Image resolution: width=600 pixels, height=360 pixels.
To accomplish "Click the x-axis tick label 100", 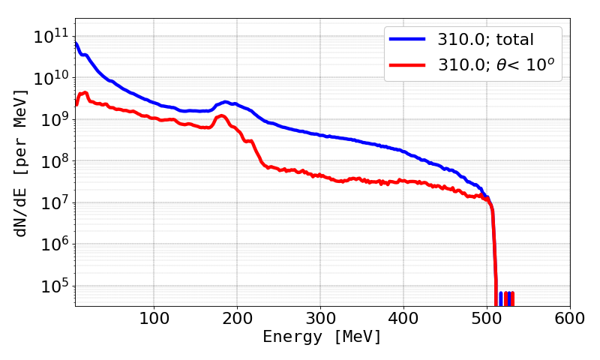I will point(154,317).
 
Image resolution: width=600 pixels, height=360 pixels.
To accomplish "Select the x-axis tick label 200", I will point(237,317).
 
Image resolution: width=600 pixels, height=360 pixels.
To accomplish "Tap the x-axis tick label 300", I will point(320,317).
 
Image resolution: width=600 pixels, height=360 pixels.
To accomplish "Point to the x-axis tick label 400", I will point(403,317).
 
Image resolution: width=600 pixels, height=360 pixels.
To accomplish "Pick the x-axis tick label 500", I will point(487,317).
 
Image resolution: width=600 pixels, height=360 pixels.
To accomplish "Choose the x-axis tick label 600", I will point(570,317).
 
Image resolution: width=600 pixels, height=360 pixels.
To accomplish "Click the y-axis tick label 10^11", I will point(50,35).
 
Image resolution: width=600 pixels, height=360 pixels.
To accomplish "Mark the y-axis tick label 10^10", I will point(50,77).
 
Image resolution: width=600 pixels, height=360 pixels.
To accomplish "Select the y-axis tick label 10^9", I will point(53,119).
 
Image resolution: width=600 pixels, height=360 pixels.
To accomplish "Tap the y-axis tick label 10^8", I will point(53,160).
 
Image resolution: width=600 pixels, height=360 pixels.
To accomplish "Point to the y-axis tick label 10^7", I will point(53,202).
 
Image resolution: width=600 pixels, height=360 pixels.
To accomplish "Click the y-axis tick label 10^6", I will point(53,244).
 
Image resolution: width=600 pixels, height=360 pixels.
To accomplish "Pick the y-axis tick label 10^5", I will point(53,286).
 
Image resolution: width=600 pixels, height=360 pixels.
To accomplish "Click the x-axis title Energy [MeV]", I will point(322,337).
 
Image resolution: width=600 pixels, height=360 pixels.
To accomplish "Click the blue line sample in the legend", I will point(406,38).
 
